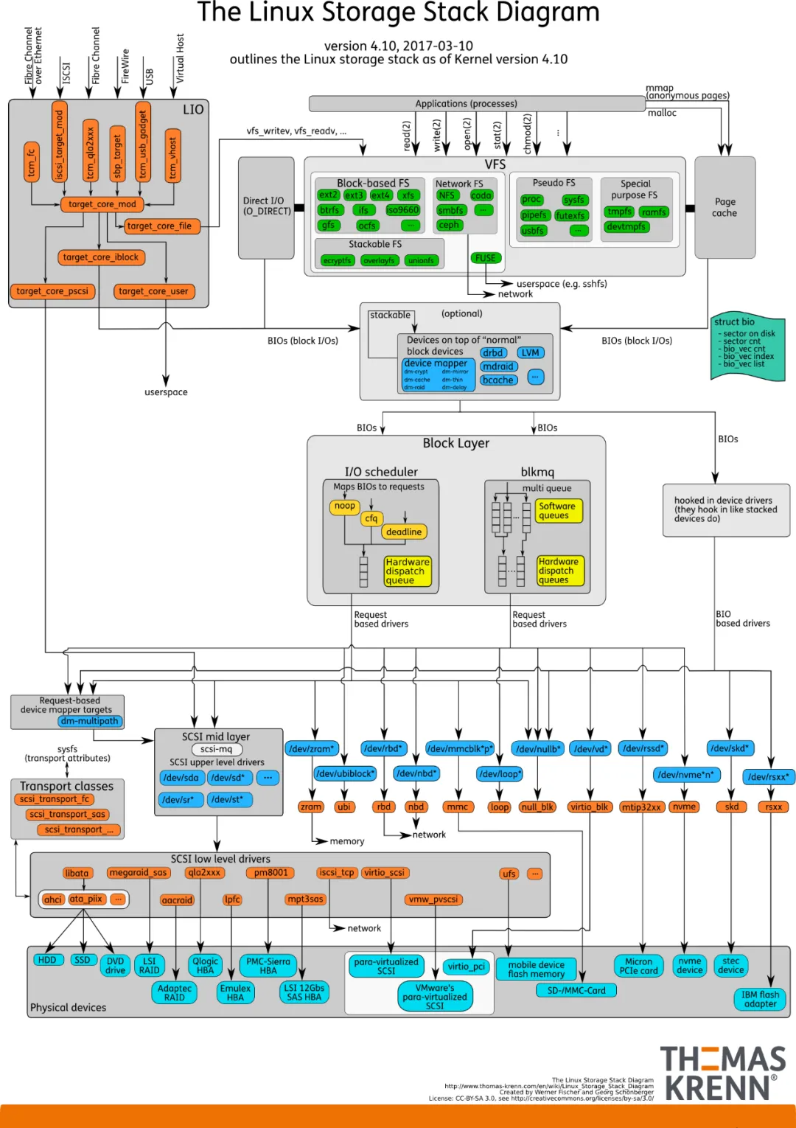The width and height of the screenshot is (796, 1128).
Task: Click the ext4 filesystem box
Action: [x=380, y=195]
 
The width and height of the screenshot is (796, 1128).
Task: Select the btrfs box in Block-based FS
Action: [x=329, y=210]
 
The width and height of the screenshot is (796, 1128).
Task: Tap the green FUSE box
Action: [x=486, y=258]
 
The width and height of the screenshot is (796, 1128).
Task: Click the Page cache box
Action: [x=725, y=207]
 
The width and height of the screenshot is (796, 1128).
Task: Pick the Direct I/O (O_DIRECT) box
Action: [x=266, y=206]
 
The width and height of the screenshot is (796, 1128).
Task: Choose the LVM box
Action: [x=531, y=352]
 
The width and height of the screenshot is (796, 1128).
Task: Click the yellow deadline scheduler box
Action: [x=404, y=532]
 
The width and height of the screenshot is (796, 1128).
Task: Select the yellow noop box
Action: [x=345, y=506]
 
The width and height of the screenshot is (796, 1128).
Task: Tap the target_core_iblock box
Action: [x=101, y=257]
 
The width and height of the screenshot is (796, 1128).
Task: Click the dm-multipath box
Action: [x=90, y=721]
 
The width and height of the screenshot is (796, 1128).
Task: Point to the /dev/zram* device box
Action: [x=312, y=748]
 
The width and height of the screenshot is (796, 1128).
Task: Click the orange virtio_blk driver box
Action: [x=589, y=807]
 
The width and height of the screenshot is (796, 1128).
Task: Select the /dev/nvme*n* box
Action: [x=685, y=775]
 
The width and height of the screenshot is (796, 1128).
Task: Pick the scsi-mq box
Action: [x=216, y=749]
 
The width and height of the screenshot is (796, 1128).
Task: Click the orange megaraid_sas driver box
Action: [x=139, y=873]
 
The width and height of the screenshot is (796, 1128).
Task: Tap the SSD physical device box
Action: [x=83, y=960]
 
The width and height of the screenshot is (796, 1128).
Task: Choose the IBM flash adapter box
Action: [x=760, y=999]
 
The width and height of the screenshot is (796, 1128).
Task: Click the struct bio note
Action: [x=747, y=347]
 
